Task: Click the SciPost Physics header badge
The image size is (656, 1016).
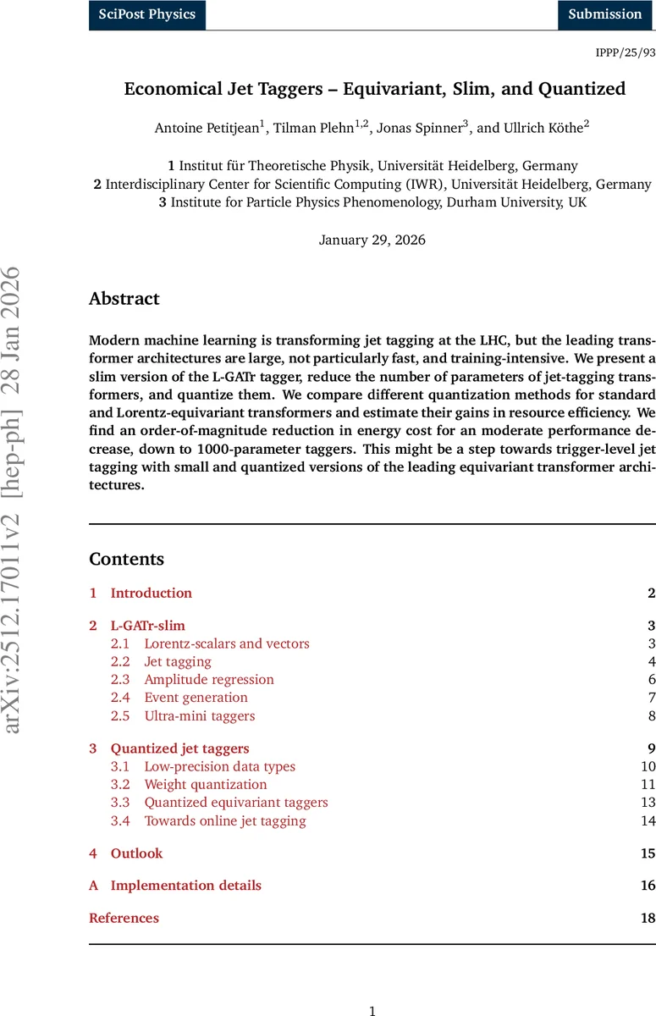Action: coord(147,14)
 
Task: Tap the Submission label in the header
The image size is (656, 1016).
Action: coord(605,14)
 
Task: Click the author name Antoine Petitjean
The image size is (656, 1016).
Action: coord(208,128)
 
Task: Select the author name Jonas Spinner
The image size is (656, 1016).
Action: coord(420,128)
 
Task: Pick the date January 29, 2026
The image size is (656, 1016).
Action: coord(372,240)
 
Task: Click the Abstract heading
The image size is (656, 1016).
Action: coord(124,299)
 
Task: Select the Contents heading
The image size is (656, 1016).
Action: coord(127,559)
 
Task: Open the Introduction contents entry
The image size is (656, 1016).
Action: coord(152,593)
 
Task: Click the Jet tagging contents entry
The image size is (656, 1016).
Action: coord(178,661)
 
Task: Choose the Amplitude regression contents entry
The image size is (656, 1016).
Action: coord(209,679)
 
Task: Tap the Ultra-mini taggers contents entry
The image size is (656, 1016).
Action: coord(199,715)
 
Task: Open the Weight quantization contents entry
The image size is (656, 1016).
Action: coord(206,784)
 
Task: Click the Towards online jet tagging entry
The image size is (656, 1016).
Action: coord(225,820)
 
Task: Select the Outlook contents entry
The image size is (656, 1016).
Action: coord(136,853)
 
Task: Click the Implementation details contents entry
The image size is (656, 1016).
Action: coord(185,886)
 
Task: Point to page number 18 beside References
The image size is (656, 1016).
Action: coord(648,918)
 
